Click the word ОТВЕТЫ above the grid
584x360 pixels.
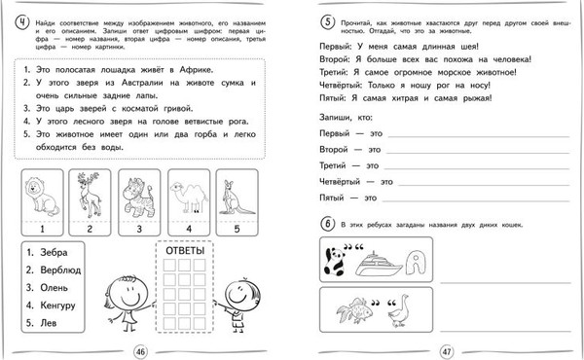click(186, 253)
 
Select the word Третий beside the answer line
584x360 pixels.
click(336, 165)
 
